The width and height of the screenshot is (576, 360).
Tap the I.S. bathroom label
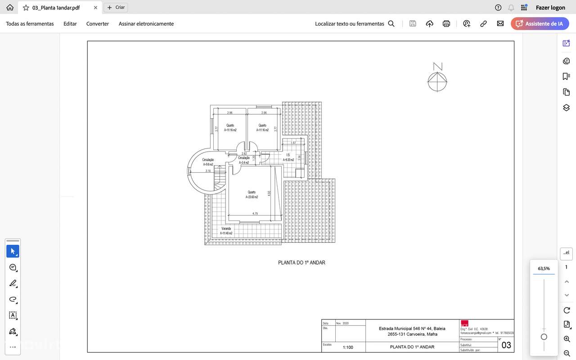pyautogui.click(x=288, y=155)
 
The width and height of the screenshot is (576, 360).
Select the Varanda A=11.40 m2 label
pyautogui.click(x=226, y=231)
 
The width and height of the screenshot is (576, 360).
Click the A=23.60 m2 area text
pyautogui.click(x=252, y=197)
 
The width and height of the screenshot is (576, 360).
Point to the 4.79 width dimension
pyautogui.click(x=255, y=213)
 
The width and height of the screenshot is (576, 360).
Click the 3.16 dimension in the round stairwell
pyautogui.click(x=208, y=171)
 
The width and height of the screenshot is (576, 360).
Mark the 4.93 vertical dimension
pyautogui.click(x=269, y=193)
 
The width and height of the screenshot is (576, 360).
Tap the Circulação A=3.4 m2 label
pyautogui.click(x=244, y=160)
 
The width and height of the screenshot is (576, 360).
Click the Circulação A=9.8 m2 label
pyautogui.click(x=208, y=162)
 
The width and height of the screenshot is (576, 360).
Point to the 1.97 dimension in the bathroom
pyautogui.click(x=293, y=143)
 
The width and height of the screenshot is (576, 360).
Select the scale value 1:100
pyautogui.click(x=348, y=347)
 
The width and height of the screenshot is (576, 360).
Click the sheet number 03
pyautogui.click(x=506, y=345)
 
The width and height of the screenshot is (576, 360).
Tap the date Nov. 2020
pyautogui.click(x=342, y=323)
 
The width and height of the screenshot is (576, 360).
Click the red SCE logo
pyautogui.click(x=464, y=324)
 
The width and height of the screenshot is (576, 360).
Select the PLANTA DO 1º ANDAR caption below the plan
pyautogui.click(x=301, y=263)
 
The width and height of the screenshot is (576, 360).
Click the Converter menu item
pyautogui.click(x=98, y=24)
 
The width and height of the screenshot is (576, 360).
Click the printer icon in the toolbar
pyautogui.click(x=446, y=24)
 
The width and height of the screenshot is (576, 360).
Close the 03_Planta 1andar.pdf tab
pyautogui.click(x=95, y=8)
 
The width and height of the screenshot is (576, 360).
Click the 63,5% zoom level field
pyautogui.click(x=544, y=269)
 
